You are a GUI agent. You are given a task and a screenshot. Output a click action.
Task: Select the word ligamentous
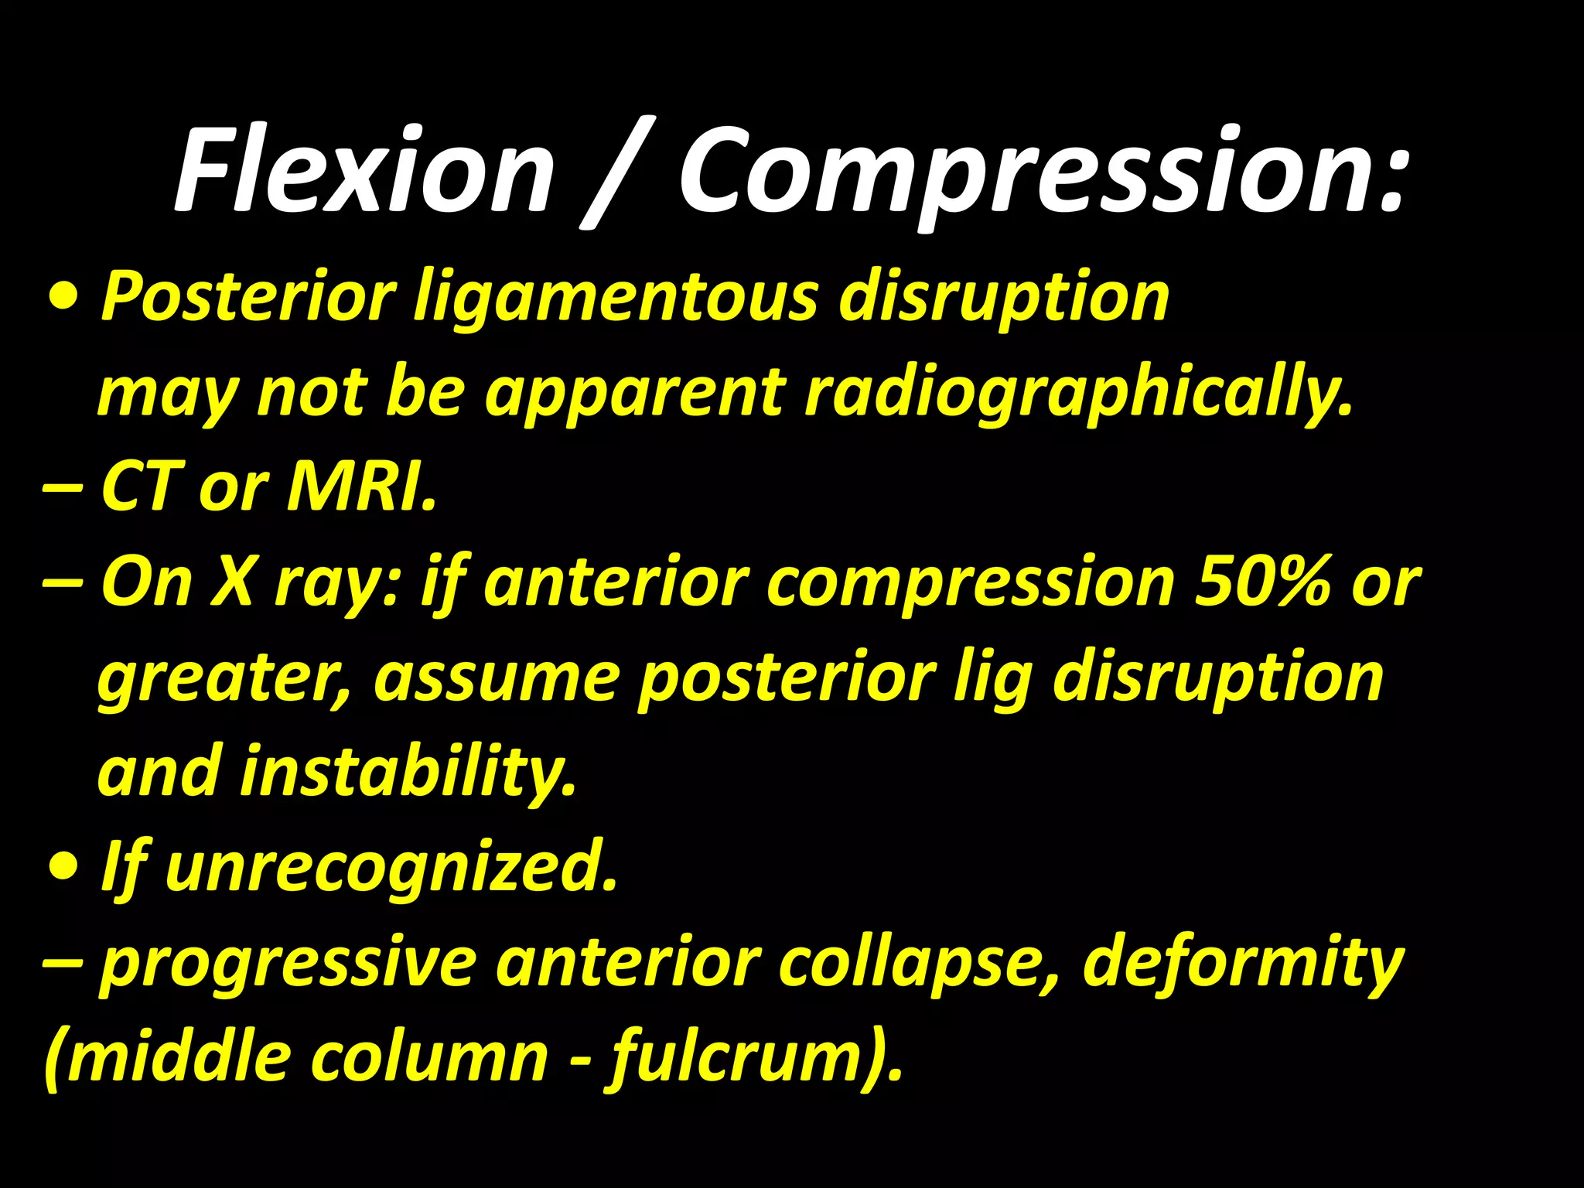point(615,298)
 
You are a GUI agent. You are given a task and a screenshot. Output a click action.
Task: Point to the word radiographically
point(1078,394)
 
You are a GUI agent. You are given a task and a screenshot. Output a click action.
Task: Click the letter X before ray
point(233,582)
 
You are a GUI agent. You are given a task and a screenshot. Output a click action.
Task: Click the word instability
point(408,772)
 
